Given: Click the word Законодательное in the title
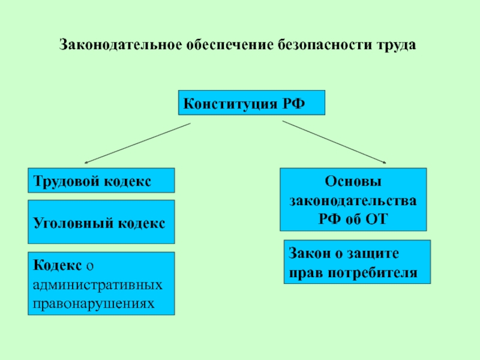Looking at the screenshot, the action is [x=121, y=44].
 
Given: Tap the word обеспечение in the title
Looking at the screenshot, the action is [x=230, y=44].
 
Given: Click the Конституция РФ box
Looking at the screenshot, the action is [x=251, y=103].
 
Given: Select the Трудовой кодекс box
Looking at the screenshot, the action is [x=101, y=181].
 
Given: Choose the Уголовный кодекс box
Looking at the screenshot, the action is [x=101, y=222].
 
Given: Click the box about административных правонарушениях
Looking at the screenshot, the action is [x=101, y=283].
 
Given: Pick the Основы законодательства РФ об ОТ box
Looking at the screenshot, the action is [x=353, y=199].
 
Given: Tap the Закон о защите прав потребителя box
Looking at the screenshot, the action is [x=357, y=262].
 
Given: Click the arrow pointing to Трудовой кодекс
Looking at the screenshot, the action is [x=137, y=143].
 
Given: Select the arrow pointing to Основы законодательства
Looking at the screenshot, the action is [x=334, y=142].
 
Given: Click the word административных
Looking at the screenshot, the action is [x=98, y=285].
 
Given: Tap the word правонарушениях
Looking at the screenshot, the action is [x=94, y=304].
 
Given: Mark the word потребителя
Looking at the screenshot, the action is [x=373, y=272].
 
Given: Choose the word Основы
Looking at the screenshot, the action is [x=353, y=181].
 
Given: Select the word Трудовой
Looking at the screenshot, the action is [x=67, y=181].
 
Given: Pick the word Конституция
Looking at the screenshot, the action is [x=230, y=104].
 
